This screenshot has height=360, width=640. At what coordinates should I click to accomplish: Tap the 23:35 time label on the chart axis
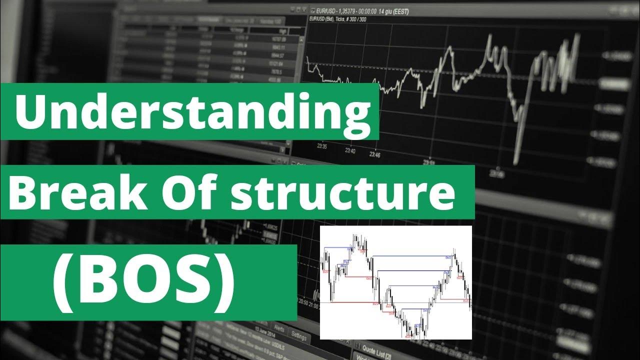[x=321, y=146]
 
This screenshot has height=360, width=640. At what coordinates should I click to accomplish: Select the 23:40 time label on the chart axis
[x=350, y=151]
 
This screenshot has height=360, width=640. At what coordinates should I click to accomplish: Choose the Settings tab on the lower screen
[x=298, y=335]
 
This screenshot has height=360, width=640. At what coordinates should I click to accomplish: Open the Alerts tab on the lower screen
[x=278, y=330]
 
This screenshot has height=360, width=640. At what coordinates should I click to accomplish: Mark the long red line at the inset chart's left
[x=350, y=302]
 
